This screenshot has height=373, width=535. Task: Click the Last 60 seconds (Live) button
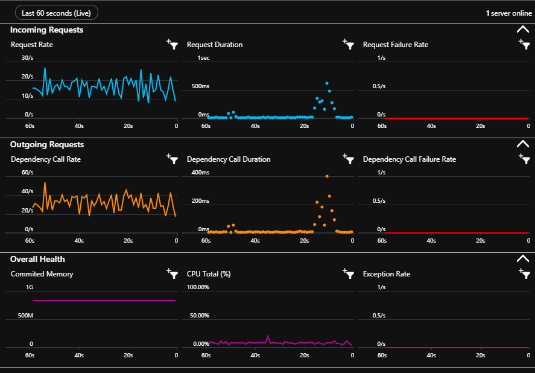tap(56, 13)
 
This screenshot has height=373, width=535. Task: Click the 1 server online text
tap(508, 13)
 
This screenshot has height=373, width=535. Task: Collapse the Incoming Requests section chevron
tap(522, 30)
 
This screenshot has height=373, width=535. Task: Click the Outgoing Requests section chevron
tap(522, 144)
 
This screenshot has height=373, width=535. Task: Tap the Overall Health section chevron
tap(522, 259)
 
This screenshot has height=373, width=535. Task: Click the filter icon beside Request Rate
tap(173, 44)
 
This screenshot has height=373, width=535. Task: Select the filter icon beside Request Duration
tap(348, 44)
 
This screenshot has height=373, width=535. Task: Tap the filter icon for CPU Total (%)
tap(348, 273)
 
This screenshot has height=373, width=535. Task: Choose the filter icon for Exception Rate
tap(524, 273)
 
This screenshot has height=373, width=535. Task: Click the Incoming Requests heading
tap(47, 30)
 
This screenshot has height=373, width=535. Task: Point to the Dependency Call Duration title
tap(229, 159)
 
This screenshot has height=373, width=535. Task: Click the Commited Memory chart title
tap(42, 274)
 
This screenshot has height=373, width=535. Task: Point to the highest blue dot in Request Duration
tap(327, 83)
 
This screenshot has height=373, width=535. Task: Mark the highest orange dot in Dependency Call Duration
tap(327, 176)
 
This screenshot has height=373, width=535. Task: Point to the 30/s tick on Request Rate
tap(27, 58)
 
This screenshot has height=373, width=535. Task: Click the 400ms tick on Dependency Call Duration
tap(200, 173)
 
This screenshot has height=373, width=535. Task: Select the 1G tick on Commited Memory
tap(29, 287)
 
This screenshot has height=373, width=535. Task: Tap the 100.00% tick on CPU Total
tap(198, 287)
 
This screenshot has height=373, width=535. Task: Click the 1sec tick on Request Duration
tap(203, 58)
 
